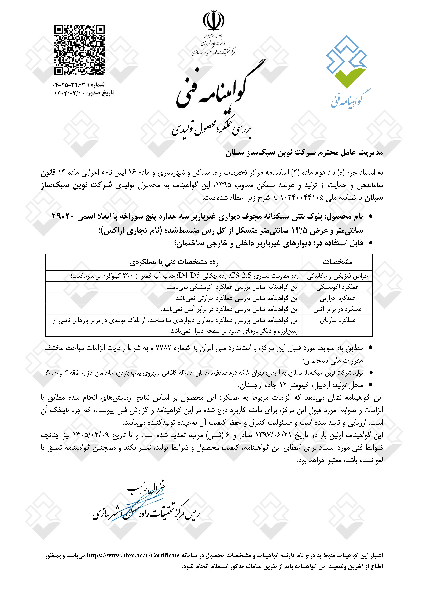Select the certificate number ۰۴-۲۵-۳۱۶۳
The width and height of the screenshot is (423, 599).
(x=69, y=85)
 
